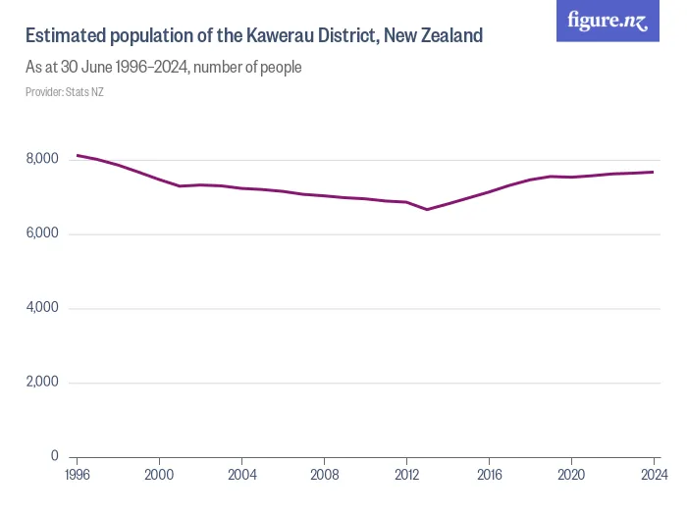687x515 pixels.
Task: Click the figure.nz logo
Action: (608, 21)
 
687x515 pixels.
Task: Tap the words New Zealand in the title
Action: (434, 36)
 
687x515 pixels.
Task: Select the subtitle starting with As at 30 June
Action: (163, 68)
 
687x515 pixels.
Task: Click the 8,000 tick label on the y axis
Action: (41, 159)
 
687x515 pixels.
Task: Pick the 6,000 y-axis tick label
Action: (41, 233)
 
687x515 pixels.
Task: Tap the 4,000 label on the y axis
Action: (41, 308)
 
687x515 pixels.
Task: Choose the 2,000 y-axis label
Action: (41, 383)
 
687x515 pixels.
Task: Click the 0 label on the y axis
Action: (54, 456)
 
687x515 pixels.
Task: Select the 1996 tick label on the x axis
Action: (77, 475)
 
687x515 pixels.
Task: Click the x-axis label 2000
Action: (159, 475)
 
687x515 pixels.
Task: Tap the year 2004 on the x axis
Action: (241, 475)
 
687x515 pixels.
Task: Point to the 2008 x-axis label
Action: (324, 475)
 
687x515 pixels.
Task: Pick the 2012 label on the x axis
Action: (406, 475)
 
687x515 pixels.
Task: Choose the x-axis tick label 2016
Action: (489, 475)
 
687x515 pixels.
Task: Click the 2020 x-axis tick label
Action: (571, 475)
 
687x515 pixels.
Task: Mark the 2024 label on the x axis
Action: (653, 475)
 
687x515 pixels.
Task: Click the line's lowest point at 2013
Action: (427, 209)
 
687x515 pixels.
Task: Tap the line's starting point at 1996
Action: (78, 155)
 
